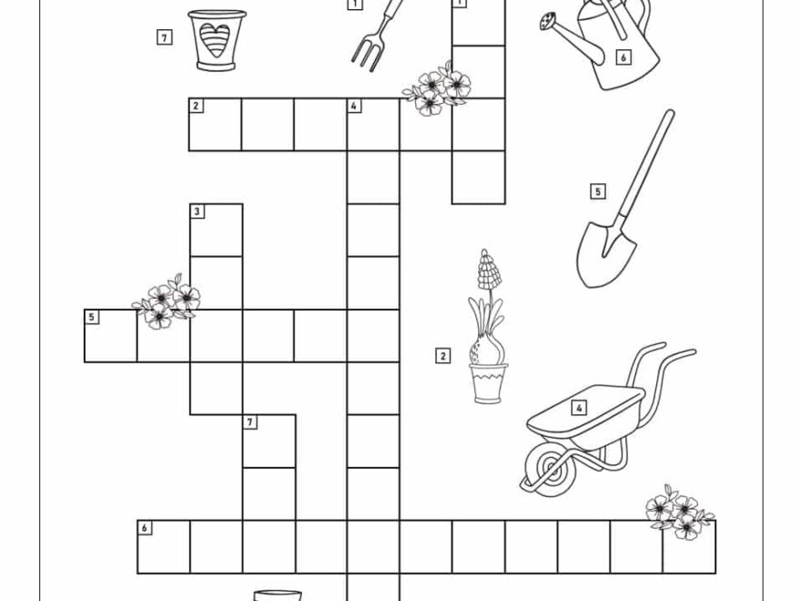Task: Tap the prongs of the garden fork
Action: tap(365, 54)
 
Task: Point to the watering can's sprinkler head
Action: tap(549, 20)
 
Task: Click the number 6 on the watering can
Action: tap(623, 57)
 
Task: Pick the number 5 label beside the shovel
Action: tap(598, 191)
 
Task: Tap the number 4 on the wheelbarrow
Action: tap(579, 407)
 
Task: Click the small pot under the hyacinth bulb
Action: tap(489, 382)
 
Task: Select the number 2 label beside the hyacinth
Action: tap(443, 355)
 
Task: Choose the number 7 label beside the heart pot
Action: tap(164, 37)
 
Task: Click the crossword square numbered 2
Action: tap(215, 125)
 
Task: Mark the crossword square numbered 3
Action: tap(216, 230)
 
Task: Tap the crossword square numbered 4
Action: tap(373, 125)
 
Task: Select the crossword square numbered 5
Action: tap(110, 336)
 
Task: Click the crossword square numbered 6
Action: tap(164, 547)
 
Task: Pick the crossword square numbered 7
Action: tap(269, 442)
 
